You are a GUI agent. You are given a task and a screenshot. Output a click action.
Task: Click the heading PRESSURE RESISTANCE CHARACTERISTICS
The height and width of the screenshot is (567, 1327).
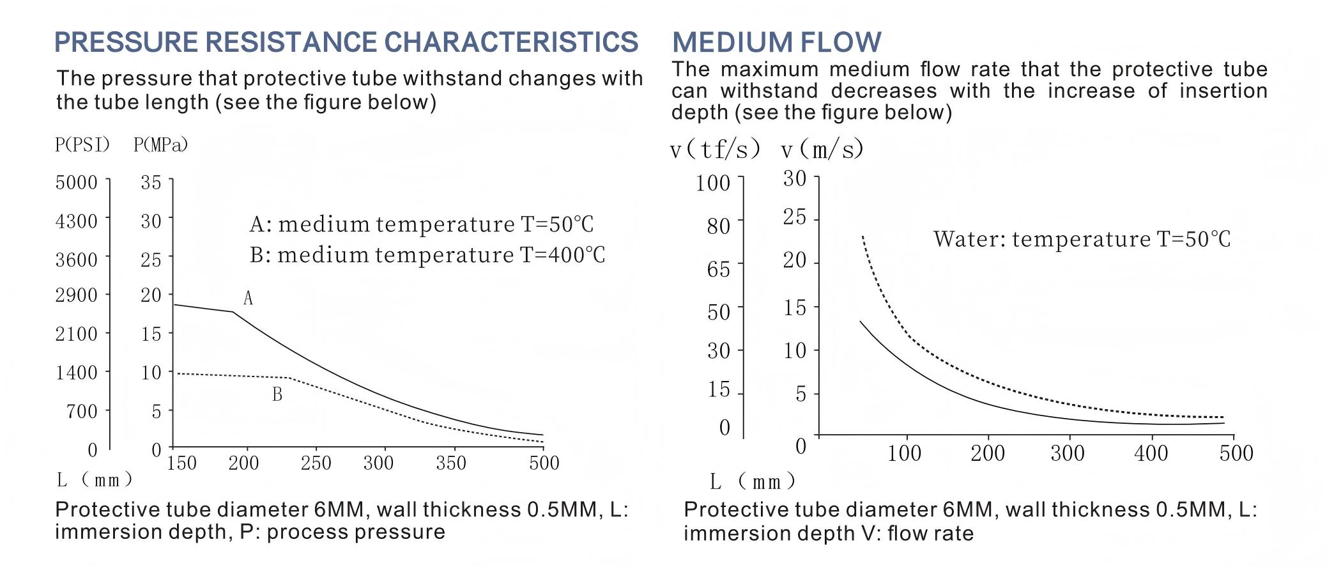346,42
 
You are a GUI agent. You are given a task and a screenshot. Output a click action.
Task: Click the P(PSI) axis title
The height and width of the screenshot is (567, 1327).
82,145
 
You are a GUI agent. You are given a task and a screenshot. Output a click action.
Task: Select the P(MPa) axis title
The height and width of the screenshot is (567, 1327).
161,145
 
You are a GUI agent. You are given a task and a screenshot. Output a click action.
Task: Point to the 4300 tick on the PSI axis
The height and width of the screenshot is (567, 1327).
77,221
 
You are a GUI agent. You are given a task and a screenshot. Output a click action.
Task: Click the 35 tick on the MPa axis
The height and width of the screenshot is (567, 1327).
151,182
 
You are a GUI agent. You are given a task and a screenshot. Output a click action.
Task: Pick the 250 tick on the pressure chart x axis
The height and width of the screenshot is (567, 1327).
316,462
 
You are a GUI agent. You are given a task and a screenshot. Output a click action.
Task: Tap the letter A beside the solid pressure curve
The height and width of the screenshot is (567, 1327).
248,298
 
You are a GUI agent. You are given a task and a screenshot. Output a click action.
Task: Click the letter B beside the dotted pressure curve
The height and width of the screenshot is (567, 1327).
277,394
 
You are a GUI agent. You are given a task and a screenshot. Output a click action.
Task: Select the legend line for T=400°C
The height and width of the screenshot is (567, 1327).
427,255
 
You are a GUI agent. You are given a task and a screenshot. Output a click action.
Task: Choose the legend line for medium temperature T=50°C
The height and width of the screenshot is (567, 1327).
422,224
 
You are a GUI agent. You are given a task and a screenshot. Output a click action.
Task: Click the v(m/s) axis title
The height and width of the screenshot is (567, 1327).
822,149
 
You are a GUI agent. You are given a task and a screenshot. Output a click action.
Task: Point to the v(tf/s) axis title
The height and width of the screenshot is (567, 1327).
716,150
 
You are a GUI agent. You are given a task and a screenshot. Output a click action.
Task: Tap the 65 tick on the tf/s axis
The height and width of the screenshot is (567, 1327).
719,268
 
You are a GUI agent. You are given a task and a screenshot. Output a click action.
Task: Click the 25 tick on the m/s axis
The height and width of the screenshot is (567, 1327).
795,218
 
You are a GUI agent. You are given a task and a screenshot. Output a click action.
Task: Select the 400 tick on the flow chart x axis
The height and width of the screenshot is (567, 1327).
1151,453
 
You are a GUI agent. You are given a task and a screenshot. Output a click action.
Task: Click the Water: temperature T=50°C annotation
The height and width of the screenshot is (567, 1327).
1082,239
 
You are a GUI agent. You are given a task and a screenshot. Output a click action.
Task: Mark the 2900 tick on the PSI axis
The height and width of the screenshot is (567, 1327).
77,295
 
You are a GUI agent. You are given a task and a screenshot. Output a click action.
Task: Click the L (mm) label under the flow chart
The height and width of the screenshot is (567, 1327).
753,481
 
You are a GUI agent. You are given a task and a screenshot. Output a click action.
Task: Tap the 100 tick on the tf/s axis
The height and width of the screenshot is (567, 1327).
713,183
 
